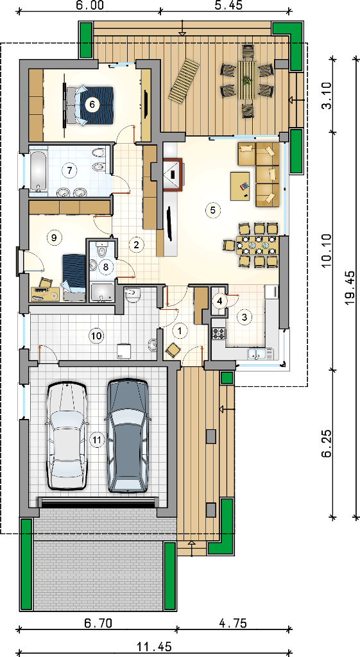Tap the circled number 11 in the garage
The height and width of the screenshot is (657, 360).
(x=97, y=439)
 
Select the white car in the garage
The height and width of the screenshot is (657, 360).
(x=67, y=436)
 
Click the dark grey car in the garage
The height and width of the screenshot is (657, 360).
(x=128, y=436)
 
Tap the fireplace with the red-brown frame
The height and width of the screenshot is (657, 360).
(x=172, y=175)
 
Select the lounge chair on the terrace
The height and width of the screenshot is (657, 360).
(x=184, y=80)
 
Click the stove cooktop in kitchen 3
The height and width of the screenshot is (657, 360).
(x=219, y=334)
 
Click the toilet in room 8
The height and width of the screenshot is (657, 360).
(x=101, y=251)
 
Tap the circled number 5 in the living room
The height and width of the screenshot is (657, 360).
(x=213, y=210)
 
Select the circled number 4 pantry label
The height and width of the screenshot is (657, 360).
(x=219, y=300)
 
